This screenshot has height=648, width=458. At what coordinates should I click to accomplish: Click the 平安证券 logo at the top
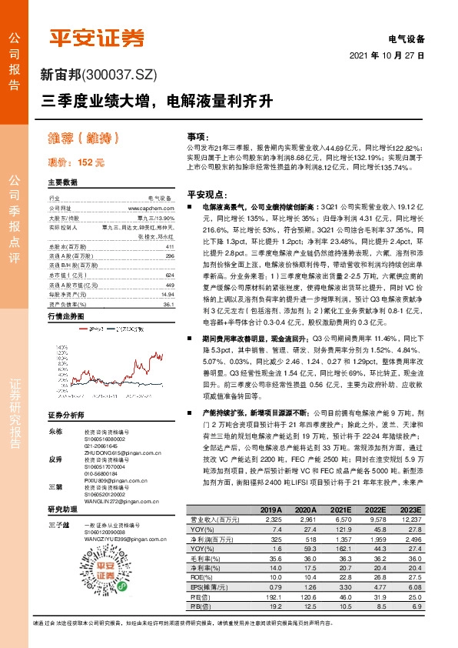point(96,37)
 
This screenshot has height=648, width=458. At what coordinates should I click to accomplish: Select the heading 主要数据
point(62,183)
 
